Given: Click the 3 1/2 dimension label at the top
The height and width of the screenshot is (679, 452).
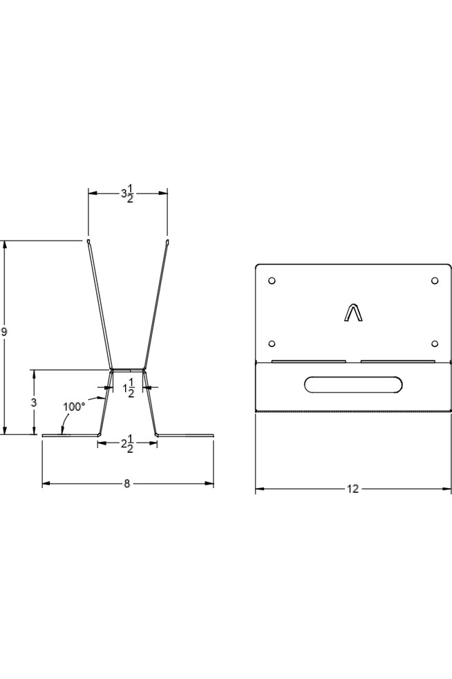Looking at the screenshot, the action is click(128, 194).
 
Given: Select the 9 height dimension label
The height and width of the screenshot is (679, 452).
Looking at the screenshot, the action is click(4, 332).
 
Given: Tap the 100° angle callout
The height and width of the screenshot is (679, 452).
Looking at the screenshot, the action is click(74, 407).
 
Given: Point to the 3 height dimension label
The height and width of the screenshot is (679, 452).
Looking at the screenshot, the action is click(34, 402).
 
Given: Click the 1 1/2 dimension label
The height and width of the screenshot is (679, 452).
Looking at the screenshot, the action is click(128, 388).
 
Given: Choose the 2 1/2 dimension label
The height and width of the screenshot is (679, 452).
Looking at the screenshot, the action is click(127, 444).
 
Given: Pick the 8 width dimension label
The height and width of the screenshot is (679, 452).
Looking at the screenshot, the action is click(127, 483).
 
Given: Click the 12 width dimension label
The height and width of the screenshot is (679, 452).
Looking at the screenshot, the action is click(353, 489).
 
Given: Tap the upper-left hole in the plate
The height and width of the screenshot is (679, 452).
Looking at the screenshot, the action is click(272, 281).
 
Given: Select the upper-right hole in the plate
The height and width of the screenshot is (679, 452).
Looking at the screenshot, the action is click(435, 281).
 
